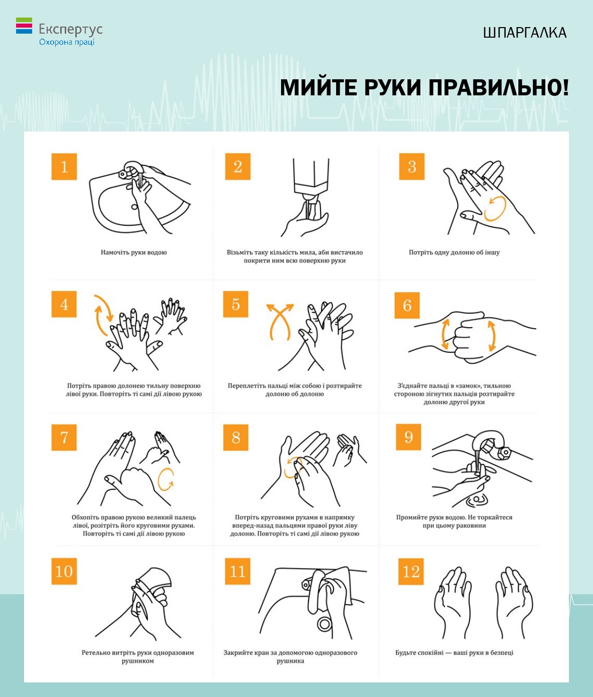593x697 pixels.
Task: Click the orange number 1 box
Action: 64,167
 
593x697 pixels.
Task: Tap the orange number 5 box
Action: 236,304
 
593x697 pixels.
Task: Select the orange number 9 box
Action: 408,437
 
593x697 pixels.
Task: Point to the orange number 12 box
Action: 410,571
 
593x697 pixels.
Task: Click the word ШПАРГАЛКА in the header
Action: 525,33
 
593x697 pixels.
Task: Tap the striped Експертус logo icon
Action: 24,26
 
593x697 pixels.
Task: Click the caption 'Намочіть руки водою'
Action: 134,252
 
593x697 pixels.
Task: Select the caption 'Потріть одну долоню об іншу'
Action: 454,252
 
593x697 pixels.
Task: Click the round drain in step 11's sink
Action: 325,624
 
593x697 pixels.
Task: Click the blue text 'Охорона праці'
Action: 67,42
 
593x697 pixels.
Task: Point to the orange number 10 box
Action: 64,571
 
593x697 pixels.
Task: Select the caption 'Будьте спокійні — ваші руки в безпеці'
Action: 454,652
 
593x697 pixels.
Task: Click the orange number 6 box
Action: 407,306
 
